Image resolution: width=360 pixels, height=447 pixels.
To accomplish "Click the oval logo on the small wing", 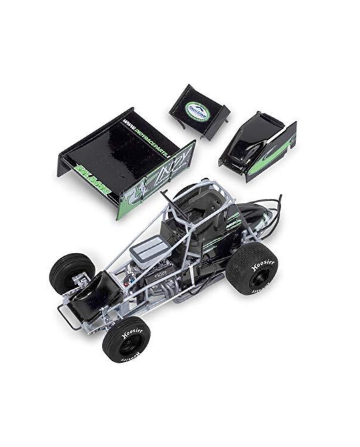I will click(197, 111).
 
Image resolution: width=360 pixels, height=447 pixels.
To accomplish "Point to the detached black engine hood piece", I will click(257, 145).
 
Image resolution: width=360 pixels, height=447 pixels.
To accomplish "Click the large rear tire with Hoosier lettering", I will click(252, 268).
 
